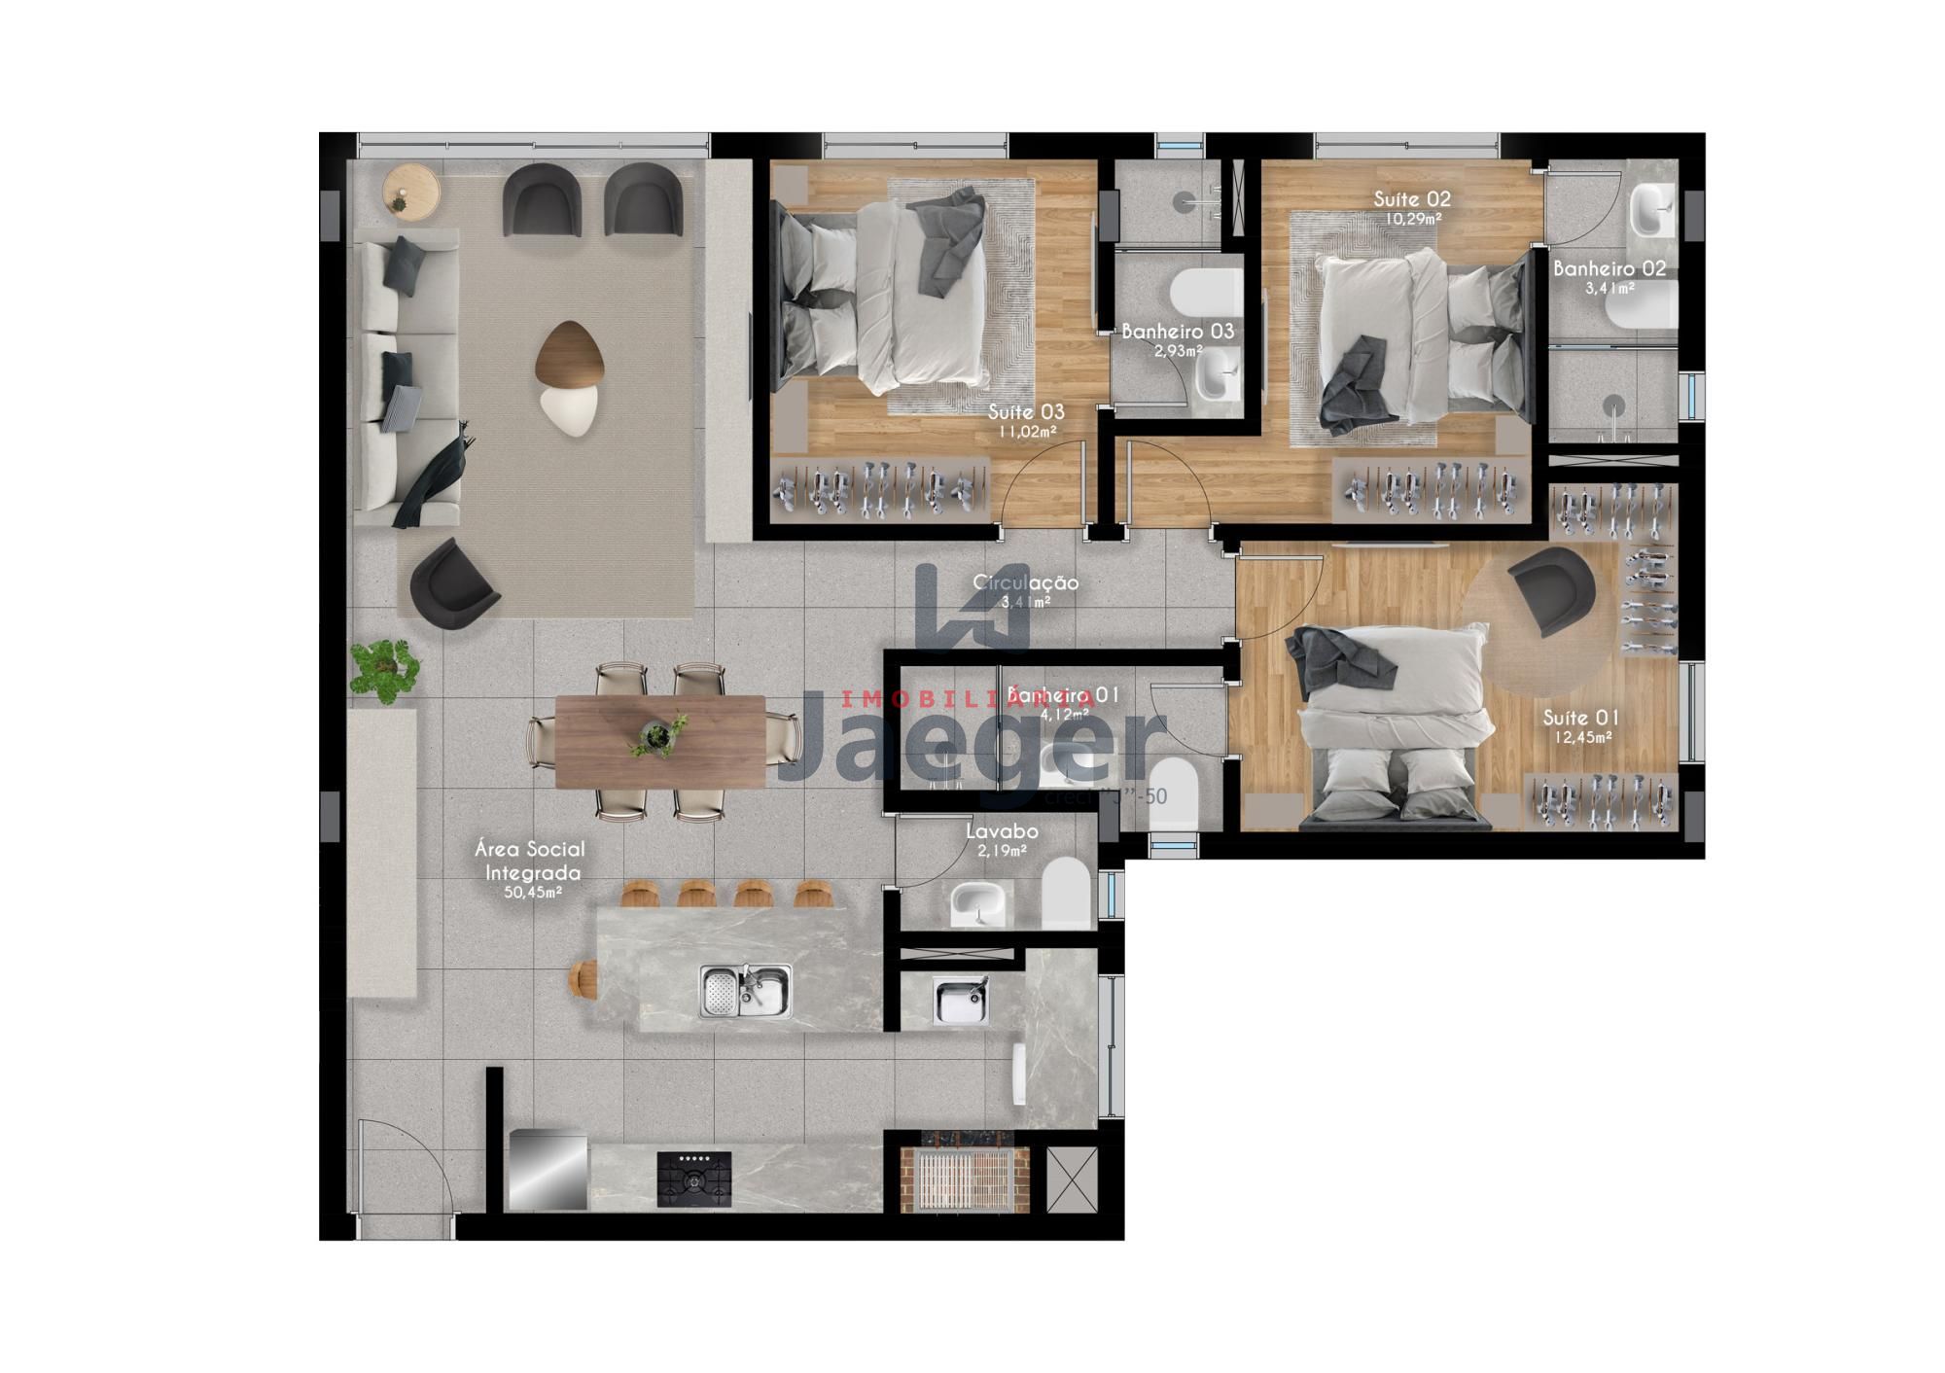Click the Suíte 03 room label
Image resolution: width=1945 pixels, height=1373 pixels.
[1026, 412]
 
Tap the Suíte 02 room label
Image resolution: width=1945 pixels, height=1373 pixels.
[1412, 199]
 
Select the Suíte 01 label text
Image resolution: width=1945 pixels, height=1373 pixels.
[1581, 719]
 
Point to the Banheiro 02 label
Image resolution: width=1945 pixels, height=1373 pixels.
[1609, 268]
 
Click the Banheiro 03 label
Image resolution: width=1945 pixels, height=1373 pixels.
[1178, 332]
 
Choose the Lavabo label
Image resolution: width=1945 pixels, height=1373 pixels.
[1002, 832]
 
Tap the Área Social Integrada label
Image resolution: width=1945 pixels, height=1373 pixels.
[530, 861]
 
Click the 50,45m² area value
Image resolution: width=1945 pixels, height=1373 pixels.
[533, 893]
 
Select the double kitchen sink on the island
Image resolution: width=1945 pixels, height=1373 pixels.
[745, 991]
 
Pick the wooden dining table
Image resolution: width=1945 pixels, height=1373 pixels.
[660, 740]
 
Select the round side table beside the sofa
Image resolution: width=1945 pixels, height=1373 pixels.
[410, 191]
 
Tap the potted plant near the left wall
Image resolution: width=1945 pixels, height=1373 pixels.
[384, 669]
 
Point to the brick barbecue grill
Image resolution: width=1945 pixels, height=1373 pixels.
[958, 1179]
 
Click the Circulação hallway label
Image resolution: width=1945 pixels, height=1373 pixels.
[1026, 583]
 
